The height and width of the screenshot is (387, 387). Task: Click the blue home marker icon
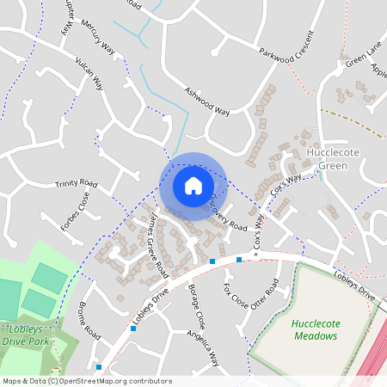click(x=193, y=185)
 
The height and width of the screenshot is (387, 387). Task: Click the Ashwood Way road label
click(x=207, y=101)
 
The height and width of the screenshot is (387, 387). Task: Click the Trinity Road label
click(x=77, y=184)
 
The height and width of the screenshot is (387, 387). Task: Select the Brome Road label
click(x=90, y=322)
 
